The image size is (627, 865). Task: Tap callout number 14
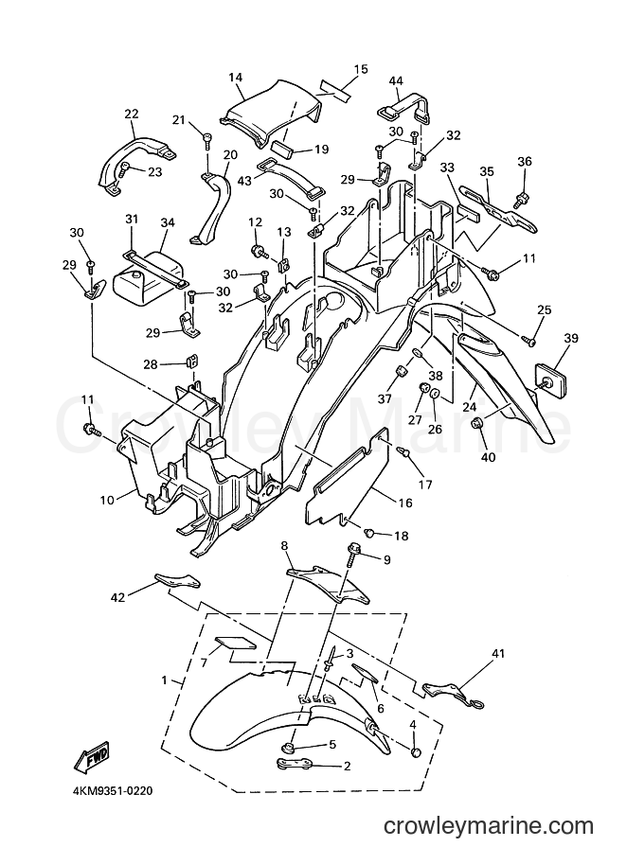[x=236, y=78]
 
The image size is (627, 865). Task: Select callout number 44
[x=396, y=81]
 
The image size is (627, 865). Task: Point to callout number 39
[x=571, y=338]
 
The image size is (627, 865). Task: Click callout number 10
[x=107, y=500]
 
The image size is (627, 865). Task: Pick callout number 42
[x=118, y=597]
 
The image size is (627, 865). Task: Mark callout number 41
[x=498, y=654]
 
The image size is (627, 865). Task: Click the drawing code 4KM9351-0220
[x=112, y=791]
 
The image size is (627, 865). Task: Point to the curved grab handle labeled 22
[x=128, y=158]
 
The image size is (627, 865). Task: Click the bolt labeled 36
[x=521, y=201]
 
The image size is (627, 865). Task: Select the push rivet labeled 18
[x=369, y=533]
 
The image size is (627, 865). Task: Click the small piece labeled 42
[x=178, y=580]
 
